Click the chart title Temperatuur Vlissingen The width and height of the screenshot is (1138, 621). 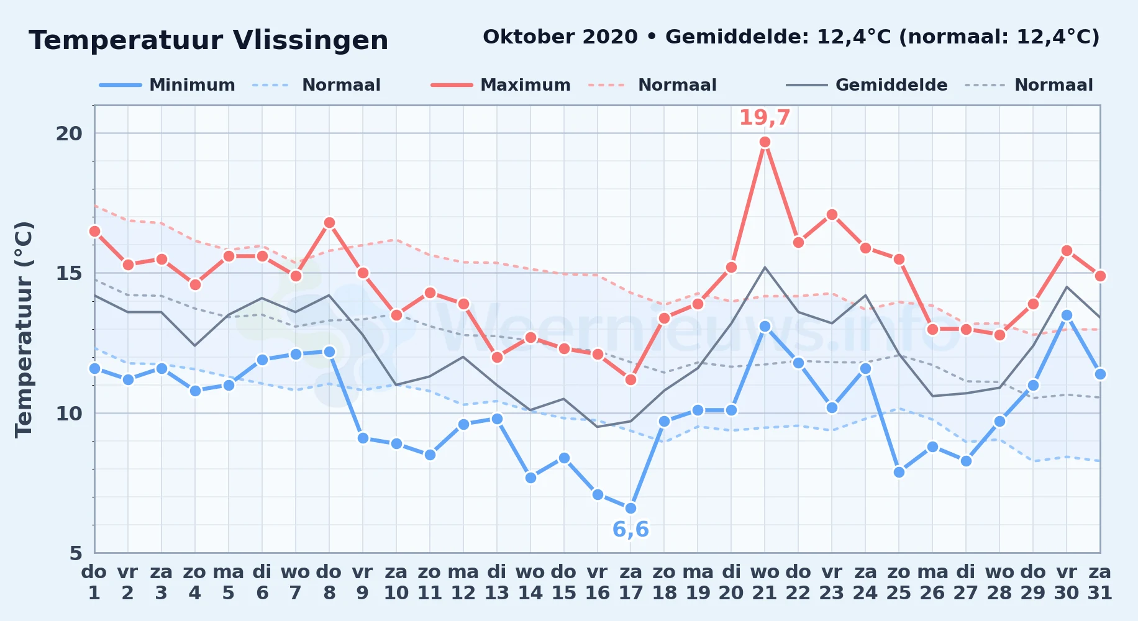pyautogui.click(x=209, y=40)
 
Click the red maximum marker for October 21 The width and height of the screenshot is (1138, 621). pyautogui.click(x=765, y=142)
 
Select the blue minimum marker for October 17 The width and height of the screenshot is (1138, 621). pyautogui.click(x=630, y=508)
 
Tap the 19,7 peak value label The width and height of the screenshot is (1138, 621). pyautogui.click(x=764, y=117)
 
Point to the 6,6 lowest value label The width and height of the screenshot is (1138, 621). pyautogui.click(x=630, y=530)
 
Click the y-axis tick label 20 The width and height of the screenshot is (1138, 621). pyautogui.click(x=69, y=134)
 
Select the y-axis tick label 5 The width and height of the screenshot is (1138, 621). pyautogui.click(x=76, y=553)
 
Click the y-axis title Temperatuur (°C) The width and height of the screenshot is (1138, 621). pyautogui.click(x=24, y=329)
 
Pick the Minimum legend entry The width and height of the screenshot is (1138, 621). pyautogui.click(x=167, y=85)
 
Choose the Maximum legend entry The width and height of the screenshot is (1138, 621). pyautogui.click(x=501, y=85)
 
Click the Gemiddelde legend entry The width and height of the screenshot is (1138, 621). pyautogui.click(x=867, y=85)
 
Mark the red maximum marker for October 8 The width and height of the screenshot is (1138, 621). pyautogui.click(x=329, y=223)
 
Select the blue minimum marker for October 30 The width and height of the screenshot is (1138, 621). pyautogui.click(x=1067, y=315)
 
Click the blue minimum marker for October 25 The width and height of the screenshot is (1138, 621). pyautogui.click(x=899, y=472)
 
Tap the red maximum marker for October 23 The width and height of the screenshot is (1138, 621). pyautogui.click(x=832, y=215)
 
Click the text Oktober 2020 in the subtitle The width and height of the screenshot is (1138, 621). pyautogui.click(x=560, y=37)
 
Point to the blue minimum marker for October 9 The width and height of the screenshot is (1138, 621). pyautogui.click(x=363, y=438)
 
